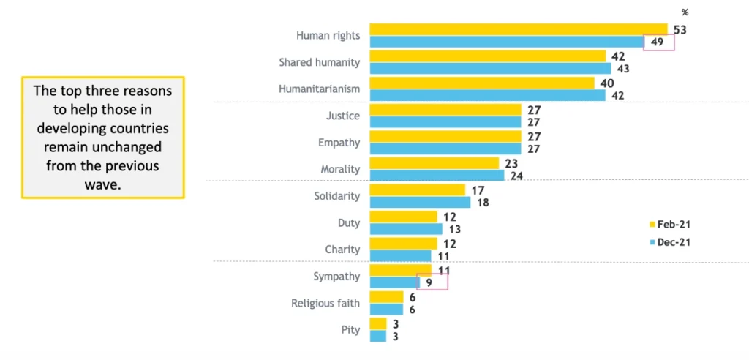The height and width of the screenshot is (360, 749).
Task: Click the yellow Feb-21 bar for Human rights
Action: click(518, 29)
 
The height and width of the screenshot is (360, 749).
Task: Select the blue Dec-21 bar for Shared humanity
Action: click(490, 69)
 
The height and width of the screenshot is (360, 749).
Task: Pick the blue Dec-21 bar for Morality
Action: click(437, 176)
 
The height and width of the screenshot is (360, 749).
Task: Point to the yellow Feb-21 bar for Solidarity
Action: click(417, 190)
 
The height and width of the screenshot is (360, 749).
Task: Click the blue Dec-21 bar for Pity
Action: click(377, 336)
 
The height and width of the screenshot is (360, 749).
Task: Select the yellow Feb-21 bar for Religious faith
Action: click(386, 297)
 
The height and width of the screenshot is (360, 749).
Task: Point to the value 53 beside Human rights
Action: click(680, 30)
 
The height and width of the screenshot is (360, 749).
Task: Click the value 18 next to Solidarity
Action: click(483, 203)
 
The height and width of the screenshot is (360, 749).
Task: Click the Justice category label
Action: click(343, 116)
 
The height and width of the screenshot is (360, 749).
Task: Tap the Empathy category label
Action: click(339, 143)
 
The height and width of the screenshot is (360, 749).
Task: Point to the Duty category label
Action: click(347, 222)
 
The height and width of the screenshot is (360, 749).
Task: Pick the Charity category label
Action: click(342, 250)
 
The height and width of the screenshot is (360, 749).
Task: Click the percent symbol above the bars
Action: click(685, 12)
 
